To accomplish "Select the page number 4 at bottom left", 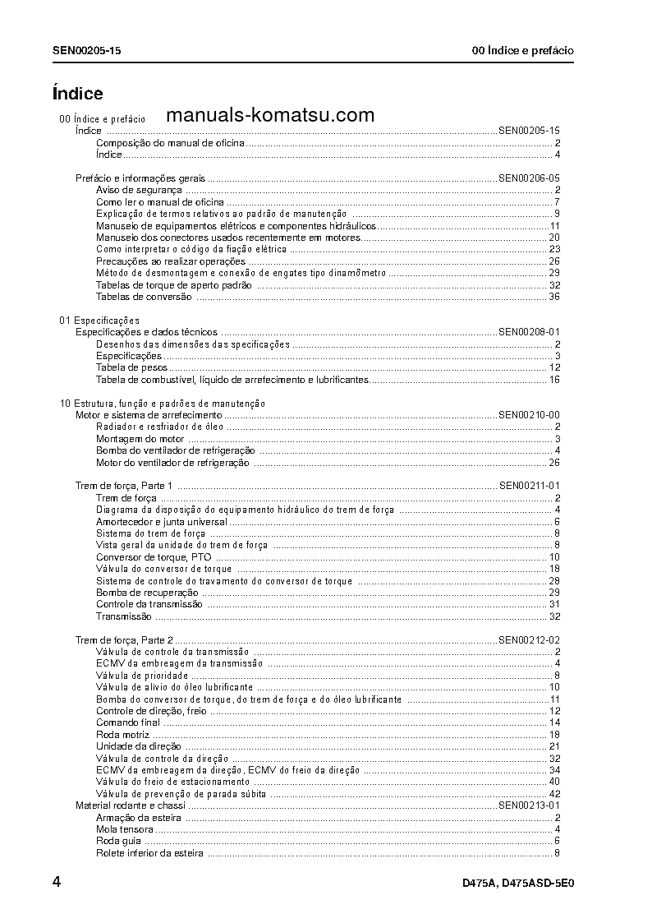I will [57, 883].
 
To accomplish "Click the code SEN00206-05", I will [529, 178].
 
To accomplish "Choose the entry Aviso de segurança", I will [127, 190].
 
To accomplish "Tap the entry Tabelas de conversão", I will [144, 297].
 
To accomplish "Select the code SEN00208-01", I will [529, 332].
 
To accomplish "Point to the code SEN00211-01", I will [529, 486].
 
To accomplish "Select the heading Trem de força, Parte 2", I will [124, 639].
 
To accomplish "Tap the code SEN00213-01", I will [529, 805].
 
